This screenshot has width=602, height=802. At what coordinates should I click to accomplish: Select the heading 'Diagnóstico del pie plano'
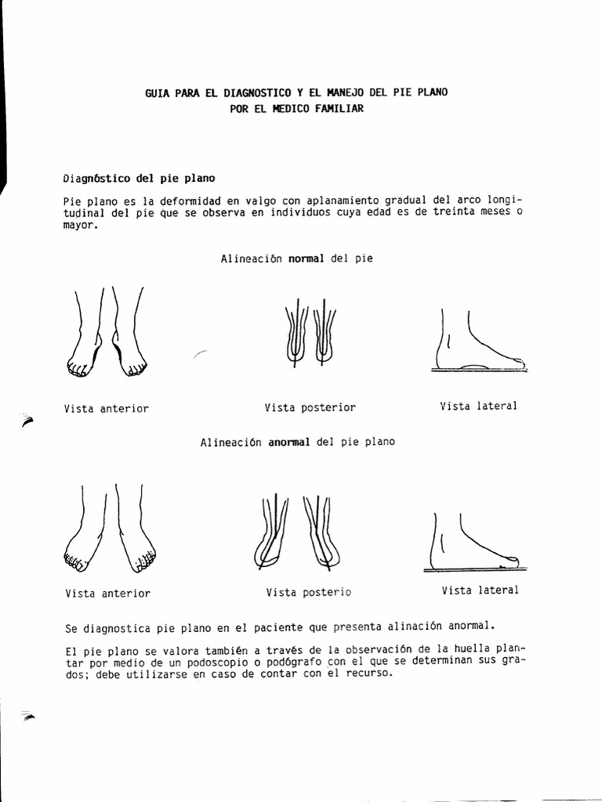pyautogui.click(x=138, y=178)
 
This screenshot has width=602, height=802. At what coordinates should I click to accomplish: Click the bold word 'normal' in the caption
pyautogui.click(x=306, y=258)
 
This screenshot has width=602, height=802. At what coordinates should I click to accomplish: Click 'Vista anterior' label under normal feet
pyautogui.click(x=107, y=408)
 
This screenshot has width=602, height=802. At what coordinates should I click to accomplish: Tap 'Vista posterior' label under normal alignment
pyautogui.click(x=310, y=407)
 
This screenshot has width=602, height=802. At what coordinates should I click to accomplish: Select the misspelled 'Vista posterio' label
pyautogui.click(x=308, y=593)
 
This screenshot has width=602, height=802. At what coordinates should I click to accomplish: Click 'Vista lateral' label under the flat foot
pyautogui.click(x=480, y=591)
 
